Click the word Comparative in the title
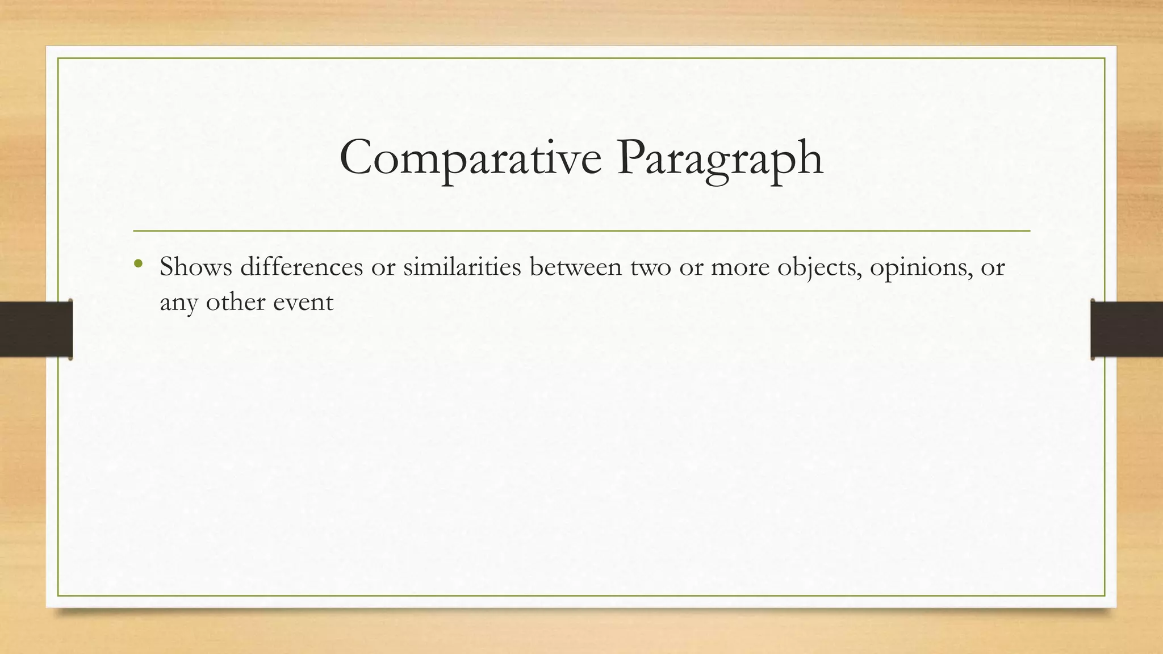[x=470, y=158]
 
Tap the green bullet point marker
[x=137, y=263]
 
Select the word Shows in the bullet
[x=195, y=267]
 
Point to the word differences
[x=301, y=267]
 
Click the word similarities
[x=462, y=267]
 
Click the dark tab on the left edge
[x=36, y=329]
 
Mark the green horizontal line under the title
[x=581, y=231]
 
